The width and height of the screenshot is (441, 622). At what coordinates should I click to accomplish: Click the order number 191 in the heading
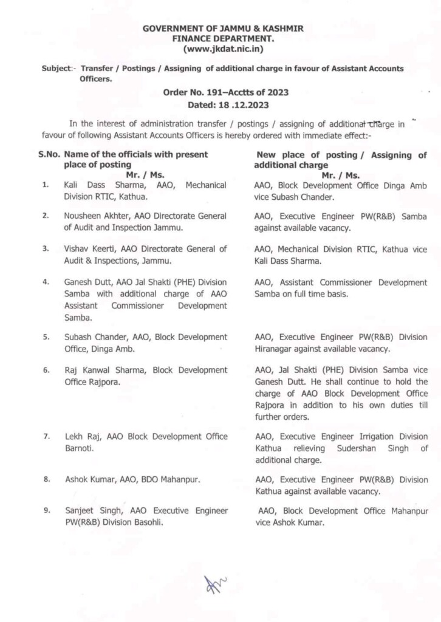click(x=227, y=93)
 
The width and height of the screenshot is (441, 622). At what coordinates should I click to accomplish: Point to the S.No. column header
click(x=49, y=154)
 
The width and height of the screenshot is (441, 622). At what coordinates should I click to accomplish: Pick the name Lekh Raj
click(x=80, y=437)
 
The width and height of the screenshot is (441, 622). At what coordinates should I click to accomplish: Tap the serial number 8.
click(x=46, y=479)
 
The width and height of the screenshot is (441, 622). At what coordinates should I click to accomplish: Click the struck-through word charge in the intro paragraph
click(x=378, y=124)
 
